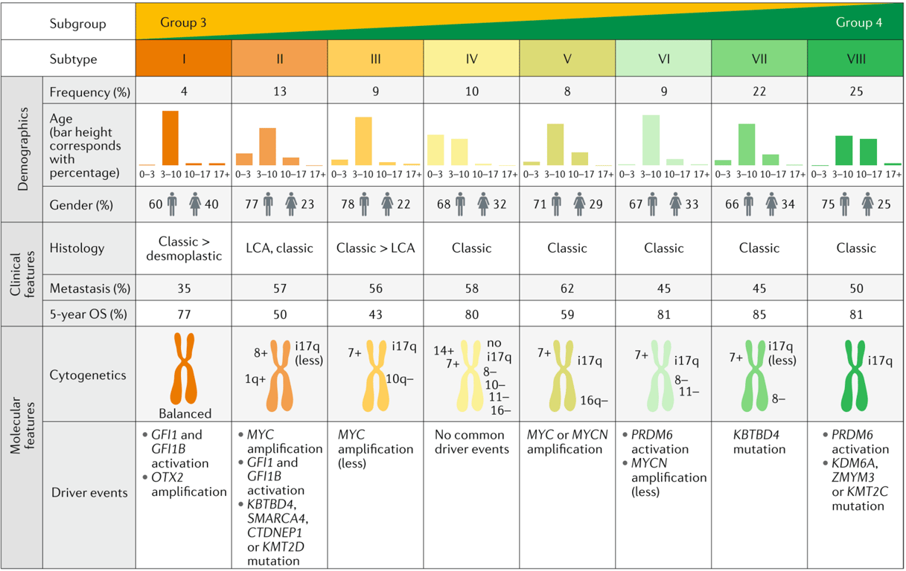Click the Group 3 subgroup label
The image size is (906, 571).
coord(183,22)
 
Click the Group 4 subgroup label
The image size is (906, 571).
coord(858,22)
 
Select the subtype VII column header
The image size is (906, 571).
coord(759,59)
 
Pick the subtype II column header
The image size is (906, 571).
coord(279,59)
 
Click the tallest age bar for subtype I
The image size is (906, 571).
coord(170,138)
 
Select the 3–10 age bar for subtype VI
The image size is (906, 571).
coord(651,140)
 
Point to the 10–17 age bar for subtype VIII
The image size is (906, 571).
coord(868,152)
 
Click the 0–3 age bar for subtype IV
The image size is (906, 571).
coord(436,149)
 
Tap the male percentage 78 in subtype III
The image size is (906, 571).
coord(342,204)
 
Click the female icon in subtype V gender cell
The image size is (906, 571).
coord(579,204)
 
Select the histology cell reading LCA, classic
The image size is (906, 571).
coord(279,248)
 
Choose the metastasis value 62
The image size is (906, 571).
coord(567,288)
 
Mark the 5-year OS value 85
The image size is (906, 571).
coord(759,314)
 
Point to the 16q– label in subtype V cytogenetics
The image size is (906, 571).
coord(593,400)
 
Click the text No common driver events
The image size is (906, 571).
coord(471,442)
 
